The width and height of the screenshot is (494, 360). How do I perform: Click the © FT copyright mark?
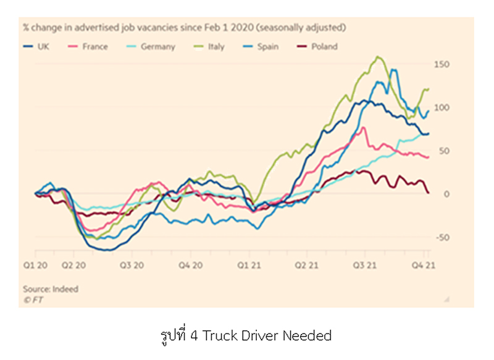coord(35,299)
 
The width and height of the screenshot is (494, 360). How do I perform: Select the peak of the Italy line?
coord(377,57)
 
